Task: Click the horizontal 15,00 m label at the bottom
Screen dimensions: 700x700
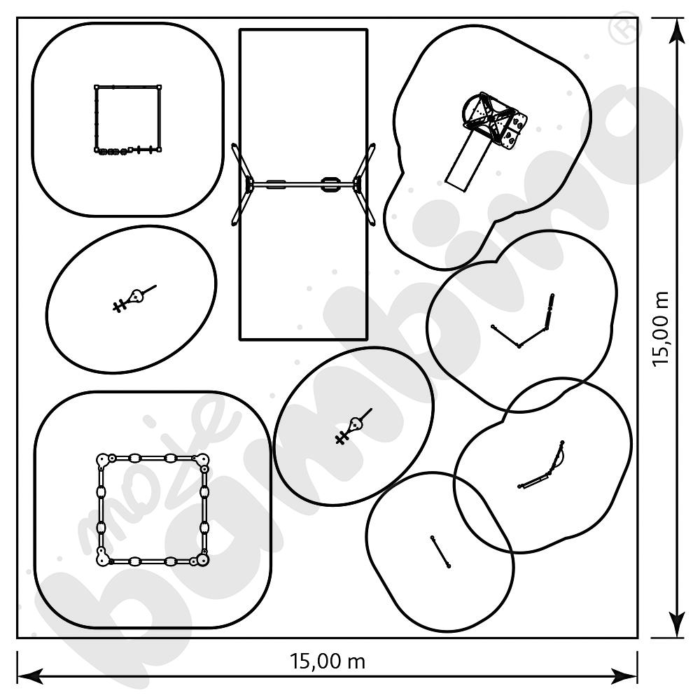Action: (327, 661)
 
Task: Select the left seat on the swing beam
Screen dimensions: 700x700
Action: (274, 185)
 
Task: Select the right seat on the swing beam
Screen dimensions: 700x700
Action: (329, 185)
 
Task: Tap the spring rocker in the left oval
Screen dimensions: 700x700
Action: (134, 297)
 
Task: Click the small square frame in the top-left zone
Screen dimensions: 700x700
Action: (128, 118)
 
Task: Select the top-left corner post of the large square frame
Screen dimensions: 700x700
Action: (103, 460)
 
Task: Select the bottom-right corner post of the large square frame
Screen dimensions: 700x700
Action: (201, 559)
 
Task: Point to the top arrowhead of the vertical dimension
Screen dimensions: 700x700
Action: (676, 28)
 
